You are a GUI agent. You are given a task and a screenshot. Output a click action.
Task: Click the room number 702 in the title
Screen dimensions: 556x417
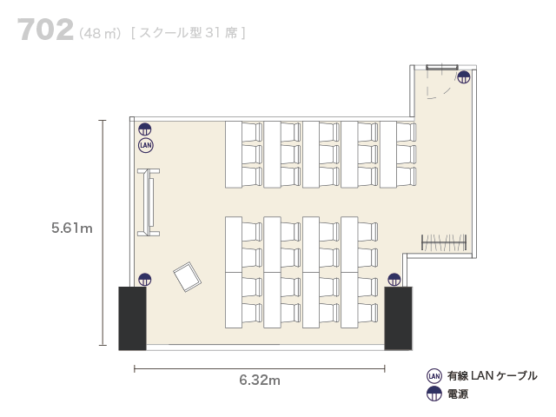(45, 30)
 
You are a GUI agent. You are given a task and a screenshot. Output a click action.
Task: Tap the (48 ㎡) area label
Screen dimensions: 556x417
(100, 33)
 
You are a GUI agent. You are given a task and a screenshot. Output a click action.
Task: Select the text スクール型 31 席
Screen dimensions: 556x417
(188, 33)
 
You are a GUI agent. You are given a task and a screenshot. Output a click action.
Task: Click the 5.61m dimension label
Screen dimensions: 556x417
(71, 228)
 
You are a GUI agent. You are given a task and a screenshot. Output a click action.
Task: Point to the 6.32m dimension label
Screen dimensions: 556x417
(260, 380)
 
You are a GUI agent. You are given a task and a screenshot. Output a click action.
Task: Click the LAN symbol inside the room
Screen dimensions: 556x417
(145, 145)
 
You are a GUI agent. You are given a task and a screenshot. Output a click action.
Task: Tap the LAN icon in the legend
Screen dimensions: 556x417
(434, 376)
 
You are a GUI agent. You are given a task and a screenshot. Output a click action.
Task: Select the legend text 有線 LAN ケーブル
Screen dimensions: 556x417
(493, 376)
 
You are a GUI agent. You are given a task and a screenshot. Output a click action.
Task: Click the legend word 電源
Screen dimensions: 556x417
(458, 394)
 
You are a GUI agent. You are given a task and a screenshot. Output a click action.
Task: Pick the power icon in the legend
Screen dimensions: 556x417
(434, 394)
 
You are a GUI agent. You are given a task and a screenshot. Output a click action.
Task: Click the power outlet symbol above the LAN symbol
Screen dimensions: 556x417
(145, 129)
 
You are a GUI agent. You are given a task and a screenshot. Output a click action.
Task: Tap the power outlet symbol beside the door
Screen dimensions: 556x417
(463, 77)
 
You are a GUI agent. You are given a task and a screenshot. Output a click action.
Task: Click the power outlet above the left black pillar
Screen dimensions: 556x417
(145, 280)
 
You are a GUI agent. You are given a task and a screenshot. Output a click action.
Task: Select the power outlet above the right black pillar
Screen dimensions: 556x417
(394, 280)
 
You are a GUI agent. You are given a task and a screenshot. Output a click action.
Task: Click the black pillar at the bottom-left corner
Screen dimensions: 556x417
(132, 319)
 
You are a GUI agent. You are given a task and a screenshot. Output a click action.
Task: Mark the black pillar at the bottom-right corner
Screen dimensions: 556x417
(398, 319)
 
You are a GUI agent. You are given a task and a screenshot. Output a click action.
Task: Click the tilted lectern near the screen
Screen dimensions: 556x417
(188, 277)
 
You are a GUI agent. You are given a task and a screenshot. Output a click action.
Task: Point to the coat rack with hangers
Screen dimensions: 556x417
(444, 242)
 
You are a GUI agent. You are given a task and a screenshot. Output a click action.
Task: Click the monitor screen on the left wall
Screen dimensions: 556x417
(149, 202)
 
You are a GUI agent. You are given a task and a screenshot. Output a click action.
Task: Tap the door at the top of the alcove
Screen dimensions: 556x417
(442, 68)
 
